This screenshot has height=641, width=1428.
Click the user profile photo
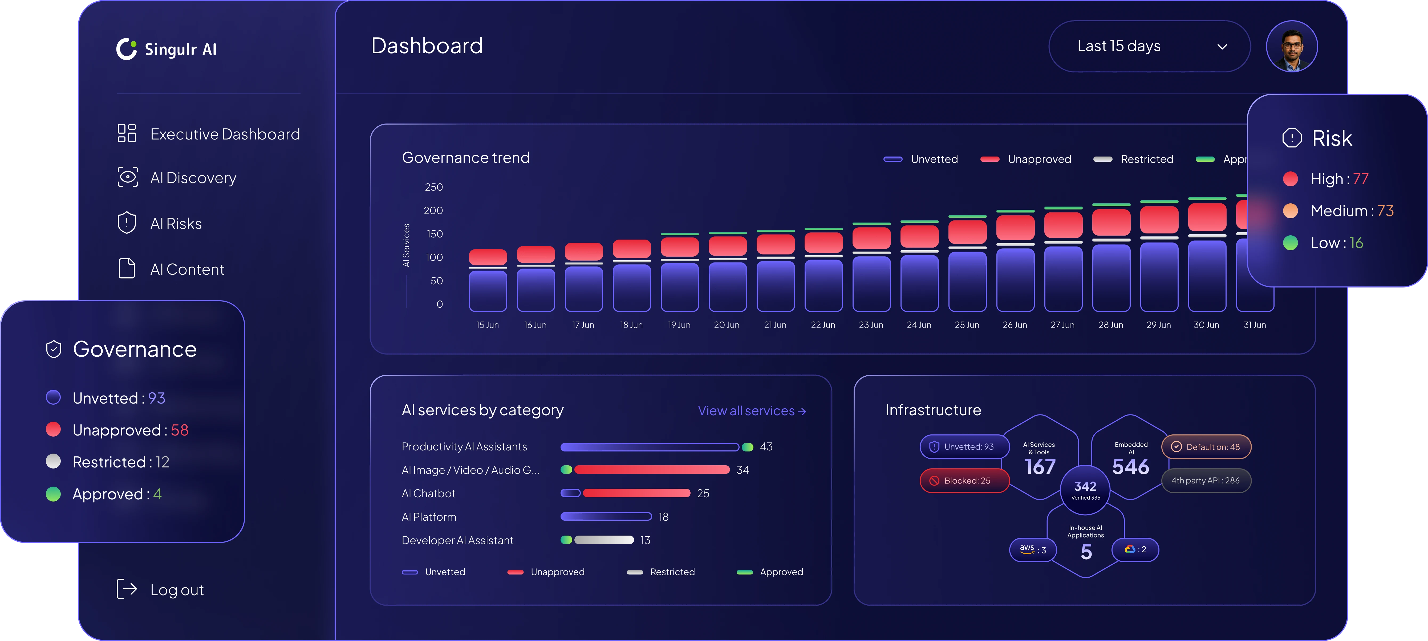point(1292,47)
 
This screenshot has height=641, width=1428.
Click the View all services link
point(751,410)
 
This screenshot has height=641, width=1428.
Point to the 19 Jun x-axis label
point(679,325)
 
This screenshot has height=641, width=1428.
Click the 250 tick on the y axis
point(433,187)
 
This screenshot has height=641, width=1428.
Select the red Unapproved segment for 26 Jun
point(1015,227)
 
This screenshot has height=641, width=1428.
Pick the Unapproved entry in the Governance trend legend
point(1039,159)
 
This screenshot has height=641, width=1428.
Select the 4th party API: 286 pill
point(1205,480)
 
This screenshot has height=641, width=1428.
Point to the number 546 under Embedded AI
point(1131,467)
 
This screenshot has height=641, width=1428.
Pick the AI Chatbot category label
point(428,493)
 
